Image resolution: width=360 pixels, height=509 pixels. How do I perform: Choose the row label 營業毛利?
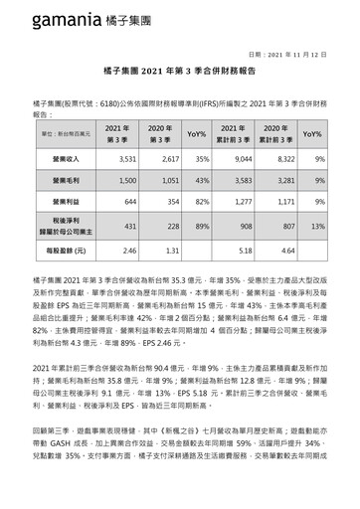click(x=64, y=180)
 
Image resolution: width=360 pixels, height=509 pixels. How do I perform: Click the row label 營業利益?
click(x=64, y=202)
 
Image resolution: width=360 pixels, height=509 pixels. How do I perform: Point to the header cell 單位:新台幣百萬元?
click(x=64, y=132)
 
